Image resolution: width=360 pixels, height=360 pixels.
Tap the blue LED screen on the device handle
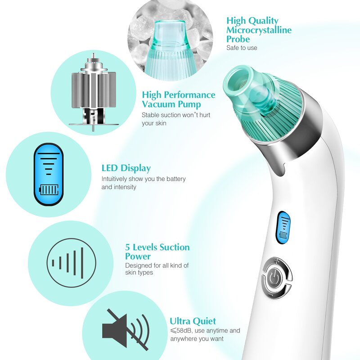tap(283, 228)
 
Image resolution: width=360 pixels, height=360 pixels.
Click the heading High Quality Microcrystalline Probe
tap(259, 30)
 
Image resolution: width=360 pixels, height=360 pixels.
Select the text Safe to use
tap(242, 48)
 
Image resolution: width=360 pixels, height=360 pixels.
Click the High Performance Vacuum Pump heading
tap(178, 99)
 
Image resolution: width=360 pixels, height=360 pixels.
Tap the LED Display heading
tap(126, 168)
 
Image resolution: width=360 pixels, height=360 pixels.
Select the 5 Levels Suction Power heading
tap(157, 252)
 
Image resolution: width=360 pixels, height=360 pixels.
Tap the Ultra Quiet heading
tap(193, 321)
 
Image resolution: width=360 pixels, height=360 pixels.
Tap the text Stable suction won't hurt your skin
tap(175, 119)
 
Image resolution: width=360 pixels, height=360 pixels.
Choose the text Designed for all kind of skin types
tap(157, 269)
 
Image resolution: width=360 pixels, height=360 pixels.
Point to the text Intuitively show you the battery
tap(143, 179)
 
